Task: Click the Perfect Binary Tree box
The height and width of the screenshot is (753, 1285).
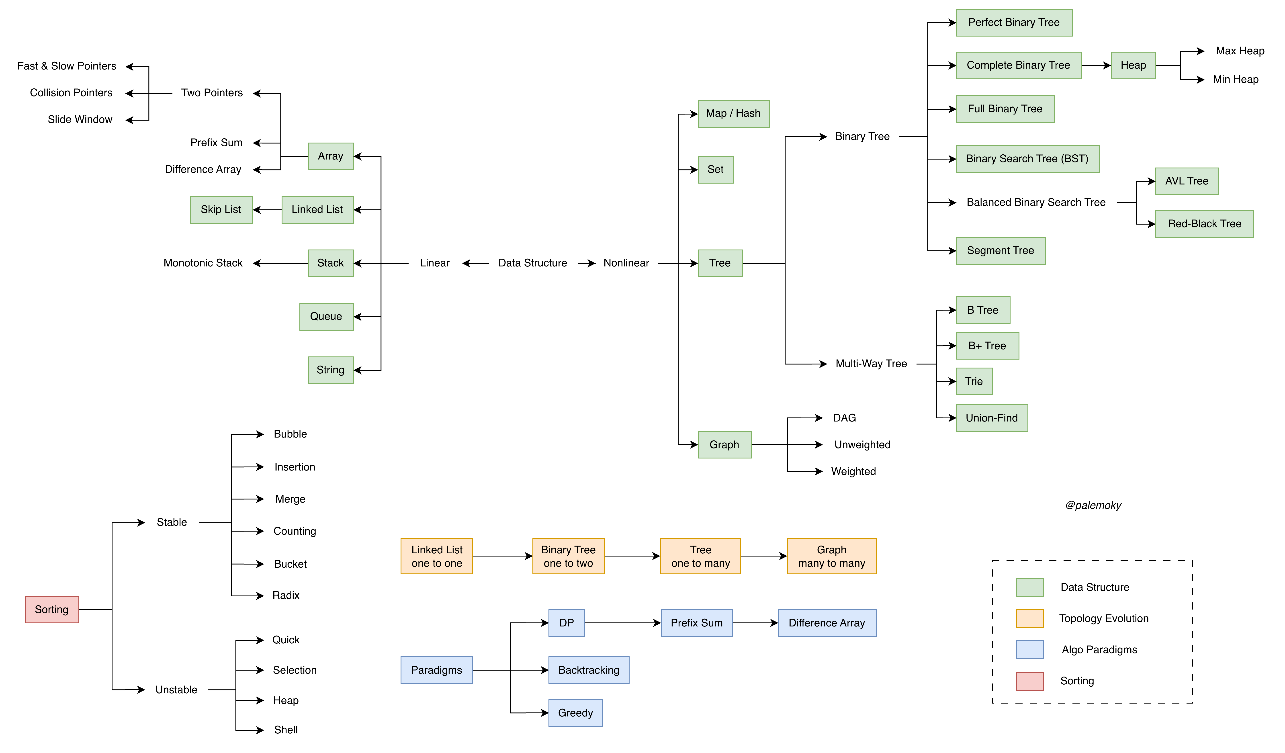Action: (1014, 23)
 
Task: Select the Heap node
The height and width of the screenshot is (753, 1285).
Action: (1133, 65)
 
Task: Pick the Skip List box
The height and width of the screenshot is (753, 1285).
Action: (221, 210)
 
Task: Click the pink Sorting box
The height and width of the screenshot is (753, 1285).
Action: (52, 609)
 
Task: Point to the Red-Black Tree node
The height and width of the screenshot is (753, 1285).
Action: (1204, 224)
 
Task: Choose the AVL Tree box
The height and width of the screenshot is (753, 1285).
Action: (1187, 181)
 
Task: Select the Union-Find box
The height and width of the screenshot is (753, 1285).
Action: (992, 418)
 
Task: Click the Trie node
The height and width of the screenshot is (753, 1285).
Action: (974, 381)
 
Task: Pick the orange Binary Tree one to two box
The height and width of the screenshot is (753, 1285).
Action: (568, 556)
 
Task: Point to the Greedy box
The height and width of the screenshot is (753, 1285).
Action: (575, 713)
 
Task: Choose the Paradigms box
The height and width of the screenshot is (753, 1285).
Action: (436, 670)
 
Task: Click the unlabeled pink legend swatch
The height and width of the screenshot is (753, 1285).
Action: (1029, 681)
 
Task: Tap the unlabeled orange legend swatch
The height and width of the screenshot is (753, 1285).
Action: (1029, 618)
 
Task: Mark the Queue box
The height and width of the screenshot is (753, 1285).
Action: (326, 317)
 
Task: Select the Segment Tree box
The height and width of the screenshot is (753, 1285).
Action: (1001, 251)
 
